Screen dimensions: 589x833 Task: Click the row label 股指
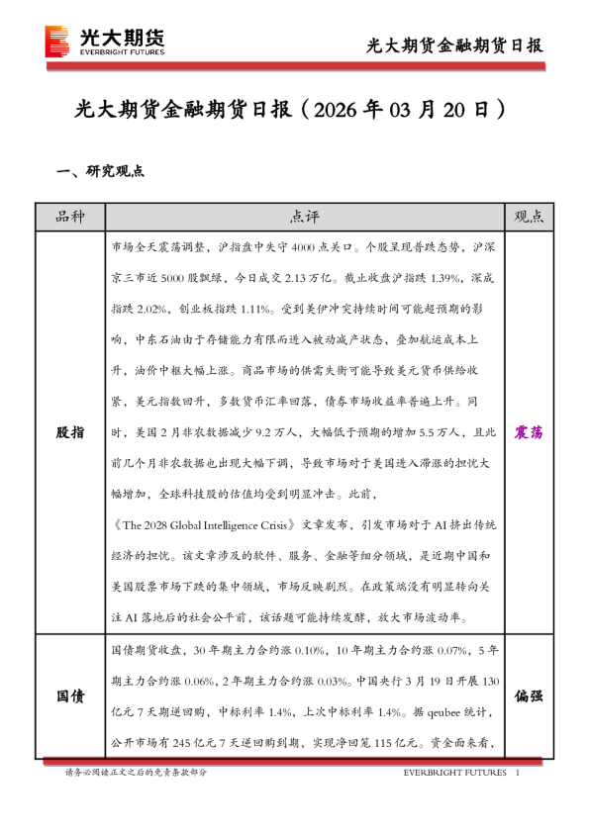point(68,432)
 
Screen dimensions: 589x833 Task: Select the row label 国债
point(68,696)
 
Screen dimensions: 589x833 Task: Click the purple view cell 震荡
point(530,432)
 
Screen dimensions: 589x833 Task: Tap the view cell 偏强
point(530,696)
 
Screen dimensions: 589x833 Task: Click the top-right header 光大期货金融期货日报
point(454,46)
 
